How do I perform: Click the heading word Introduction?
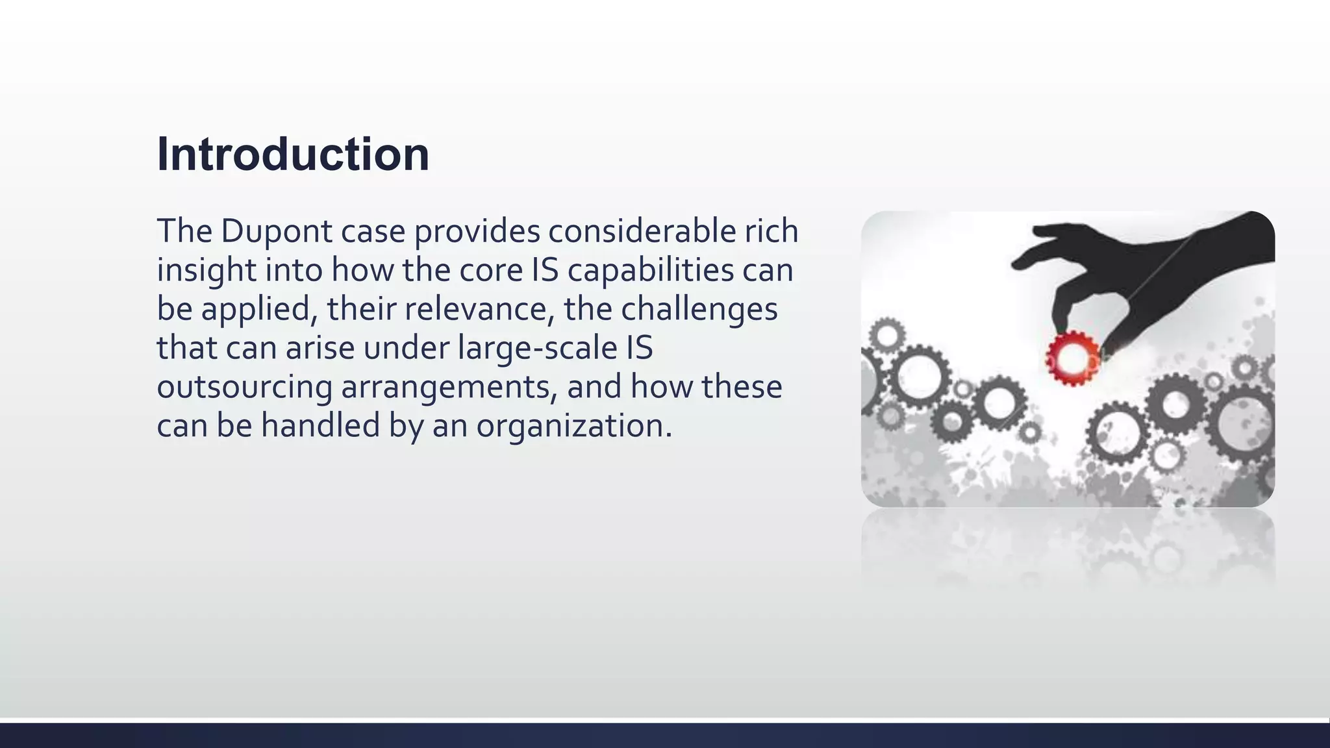pyautogui.click(x=293, y=155)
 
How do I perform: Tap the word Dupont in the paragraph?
pyautogui.click(x=276, y=231)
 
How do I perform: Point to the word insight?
pyautogui.click(x=207, y=270)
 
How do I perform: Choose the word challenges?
pyautogui.click(x=699, y=309)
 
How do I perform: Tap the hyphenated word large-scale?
pyautogui.click(x=537, y=348)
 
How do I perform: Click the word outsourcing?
pyautogui.click(x=244, y=387)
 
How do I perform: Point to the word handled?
pyautogui.click(x=320, y=426)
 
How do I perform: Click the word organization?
pyautogui.click(x=573, y=426)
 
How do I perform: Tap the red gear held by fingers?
pyautogui.click(x=1072, y=358)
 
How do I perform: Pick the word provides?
pyautogui.click(x=477, y=231)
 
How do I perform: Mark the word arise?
pyautogui.click(x=320, y=348)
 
